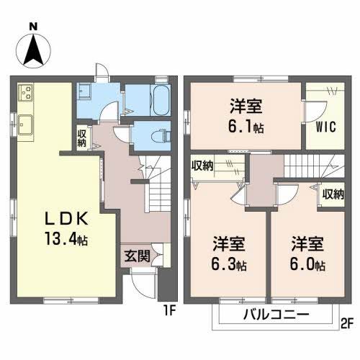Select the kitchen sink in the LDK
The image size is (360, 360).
26,124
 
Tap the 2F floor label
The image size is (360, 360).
346,323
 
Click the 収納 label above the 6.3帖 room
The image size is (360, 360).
202,166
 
